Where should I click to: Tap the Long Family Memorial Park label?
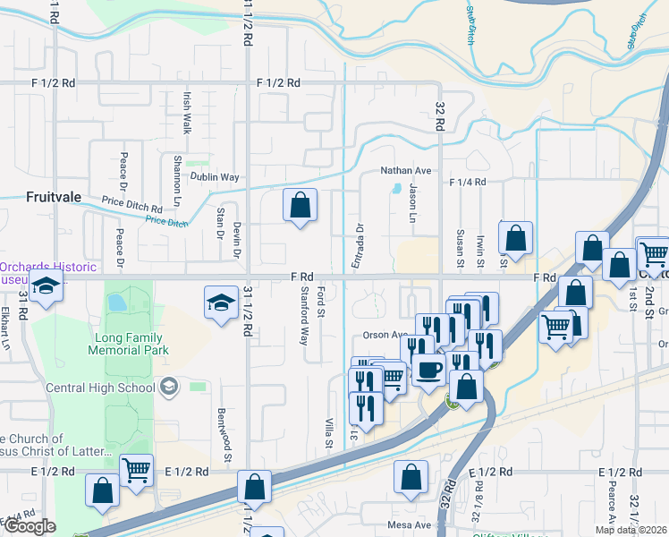click(125, 344)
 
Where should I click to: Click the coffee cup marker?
click(428, 370)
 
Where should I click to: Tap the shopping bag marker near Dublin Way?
click(300, 206)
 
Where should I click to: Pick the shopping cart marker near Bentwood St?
click(135, 470)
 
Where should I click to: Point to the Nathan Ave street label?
click(406, 170)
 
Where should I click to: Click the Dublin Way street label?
click(219, 177)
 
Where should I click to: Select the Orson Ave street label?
click(385, 336)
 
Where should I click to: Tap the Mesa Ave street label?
click(410, 525)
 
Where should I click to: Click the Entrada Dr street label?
click(360, 241)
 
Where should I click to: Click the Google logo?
click(30, 526)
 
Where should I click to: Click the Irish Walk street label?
click(187, 112)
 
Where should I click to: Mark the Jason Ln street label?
click(413, 204)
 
